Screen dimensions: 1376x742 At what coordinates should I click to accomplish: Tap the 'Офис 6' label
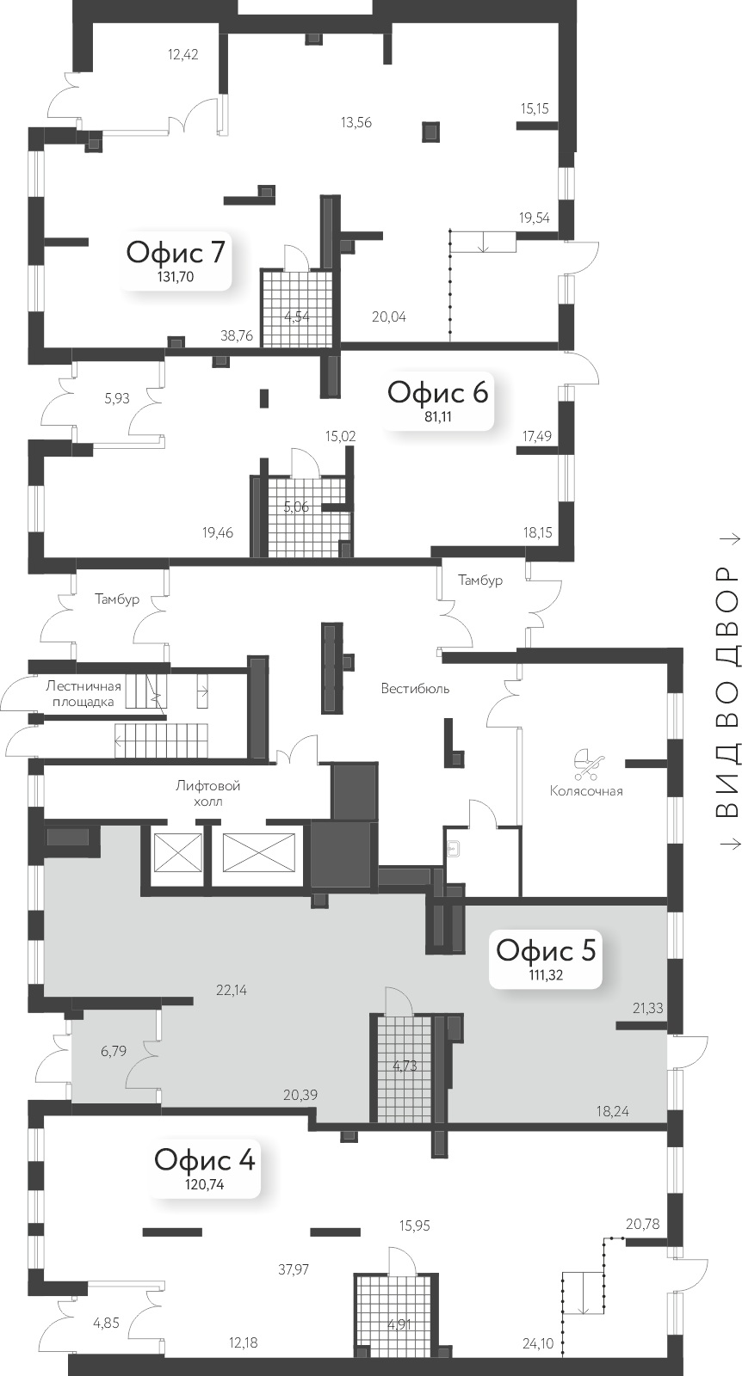click(x=437, y=392)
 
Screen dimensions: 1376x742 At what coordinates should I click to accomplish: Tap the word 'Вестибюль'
click(x=416, y=665)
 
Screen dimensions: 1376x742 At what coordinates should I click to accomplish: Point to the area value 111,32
click(x=545, y=975)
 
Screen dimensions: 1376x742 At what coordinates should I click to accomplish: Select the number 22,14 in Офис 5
click(x=232, y=990)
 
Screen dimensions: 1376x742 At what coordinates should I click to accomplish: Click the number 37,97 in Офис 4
click(x=294, y=1268)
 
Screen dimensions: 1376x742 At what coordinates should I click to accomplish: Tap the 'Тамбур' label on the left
click(x=117, y=599)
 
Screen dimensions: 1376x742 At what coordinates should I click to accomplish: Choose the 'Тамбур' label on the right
click(x=479, y=580)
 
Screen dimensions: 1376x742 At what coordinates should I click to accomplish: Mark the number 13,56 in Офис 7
click(x=356, y=122)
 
